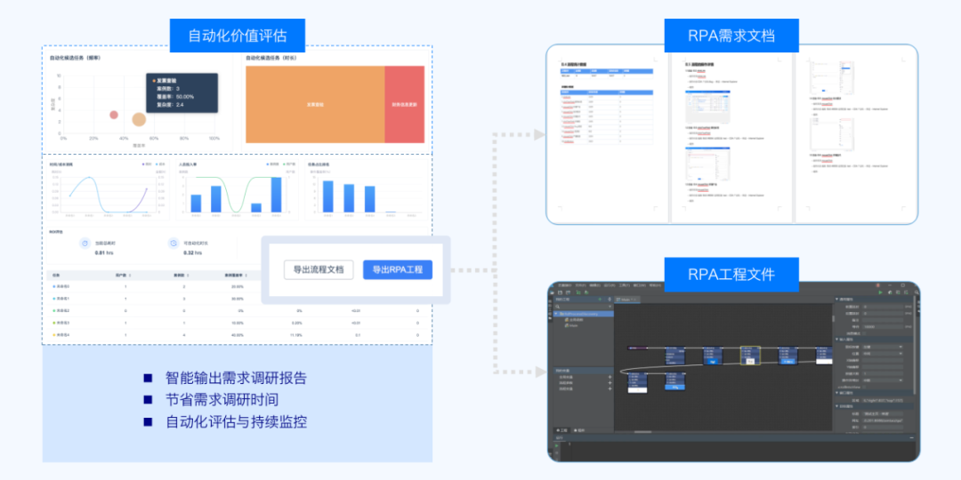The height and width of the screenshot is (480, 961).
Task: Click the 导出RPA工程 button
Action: point(397,269)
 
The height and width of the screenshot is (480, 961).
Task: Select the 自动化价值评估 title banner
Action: point(238,36)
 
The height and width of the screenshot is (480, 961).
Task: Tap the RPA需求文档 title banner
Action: point(731,36)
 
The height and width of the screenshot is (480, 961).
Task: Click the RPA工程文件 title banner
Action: point(731,273)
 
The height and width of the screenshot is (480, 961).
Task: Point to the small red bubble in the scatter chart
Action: point(114,115)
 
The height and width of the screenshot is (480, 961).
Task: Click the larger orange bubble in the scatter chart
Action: point(139,119)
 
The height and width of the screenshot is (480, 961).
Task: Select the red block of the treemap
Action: point(404,104)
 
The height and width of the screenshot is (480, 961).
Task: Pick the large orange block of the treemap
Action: point(315,104)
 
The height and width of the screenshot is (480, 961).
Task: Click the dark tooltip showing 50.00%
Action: point(182,92)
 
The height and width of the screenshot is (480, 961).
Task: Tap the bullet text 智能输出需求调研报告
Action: point(236,378)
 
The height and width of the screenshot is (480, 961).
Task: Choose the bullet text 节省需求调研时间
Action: point(222,399)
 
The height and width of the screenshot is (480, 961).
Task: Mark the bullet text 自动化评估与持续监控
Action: point(236,421)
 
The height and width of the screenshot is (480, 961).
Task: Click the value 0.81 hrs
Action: point(104,253)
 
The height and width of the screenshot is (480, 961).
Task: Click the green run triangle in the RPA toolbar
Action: point(879,291)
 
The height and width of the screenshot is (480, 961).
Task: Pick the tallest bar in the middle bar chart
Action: point(276,194)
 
